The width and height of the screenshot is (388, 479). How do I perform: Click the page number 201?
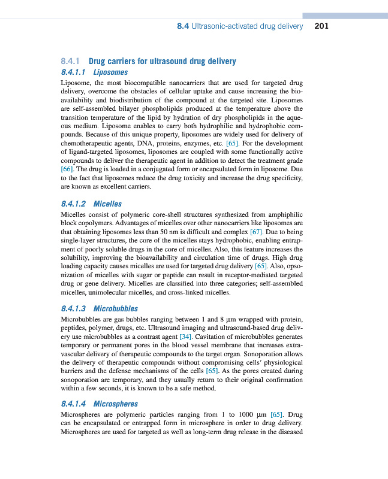(x=321, y=26)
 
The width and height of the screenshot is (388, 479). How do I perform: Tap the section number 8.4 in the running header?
(x=183, y=26)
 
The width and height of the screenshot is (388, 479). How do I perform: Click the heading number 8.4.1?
(x=71, y=61)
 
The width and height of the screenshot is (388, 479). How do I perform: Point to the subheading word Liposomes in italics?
(x=110, y=72)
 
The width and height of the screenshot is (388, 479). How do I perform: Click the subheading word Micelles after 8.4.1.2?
(x=108, y=204)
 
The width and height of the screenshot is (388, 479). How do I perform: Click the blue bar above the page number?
(x=345, y=15)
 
